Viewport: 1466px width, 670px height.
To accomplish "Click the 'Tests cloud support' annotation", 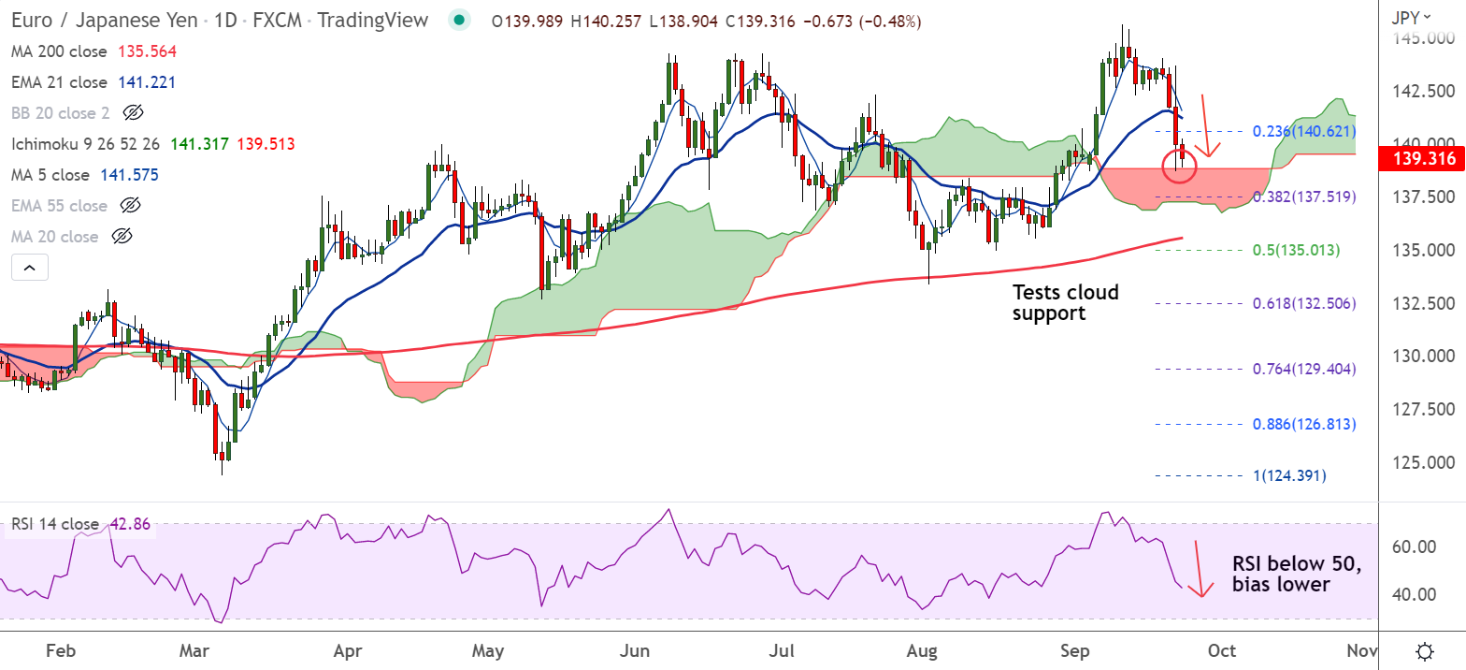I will click(1065, 303).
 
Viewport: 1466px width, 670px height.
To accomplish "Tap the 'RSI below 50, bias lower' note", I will click(1295, 575).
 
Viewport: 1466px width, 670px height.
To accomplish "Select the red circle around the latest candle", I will click(1178, 167).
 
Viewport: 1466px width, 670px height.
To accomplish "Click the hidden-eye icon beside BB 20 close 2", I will click(133, 113).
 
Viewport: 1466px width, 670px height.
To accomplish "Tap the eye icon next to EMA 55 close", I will click(131, 206).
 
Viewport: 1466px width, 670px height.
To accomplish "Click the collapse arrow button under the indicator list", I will click(29, 269).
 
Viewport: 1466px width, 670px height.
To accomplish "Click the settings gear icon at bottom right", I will click(1425, 650).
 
